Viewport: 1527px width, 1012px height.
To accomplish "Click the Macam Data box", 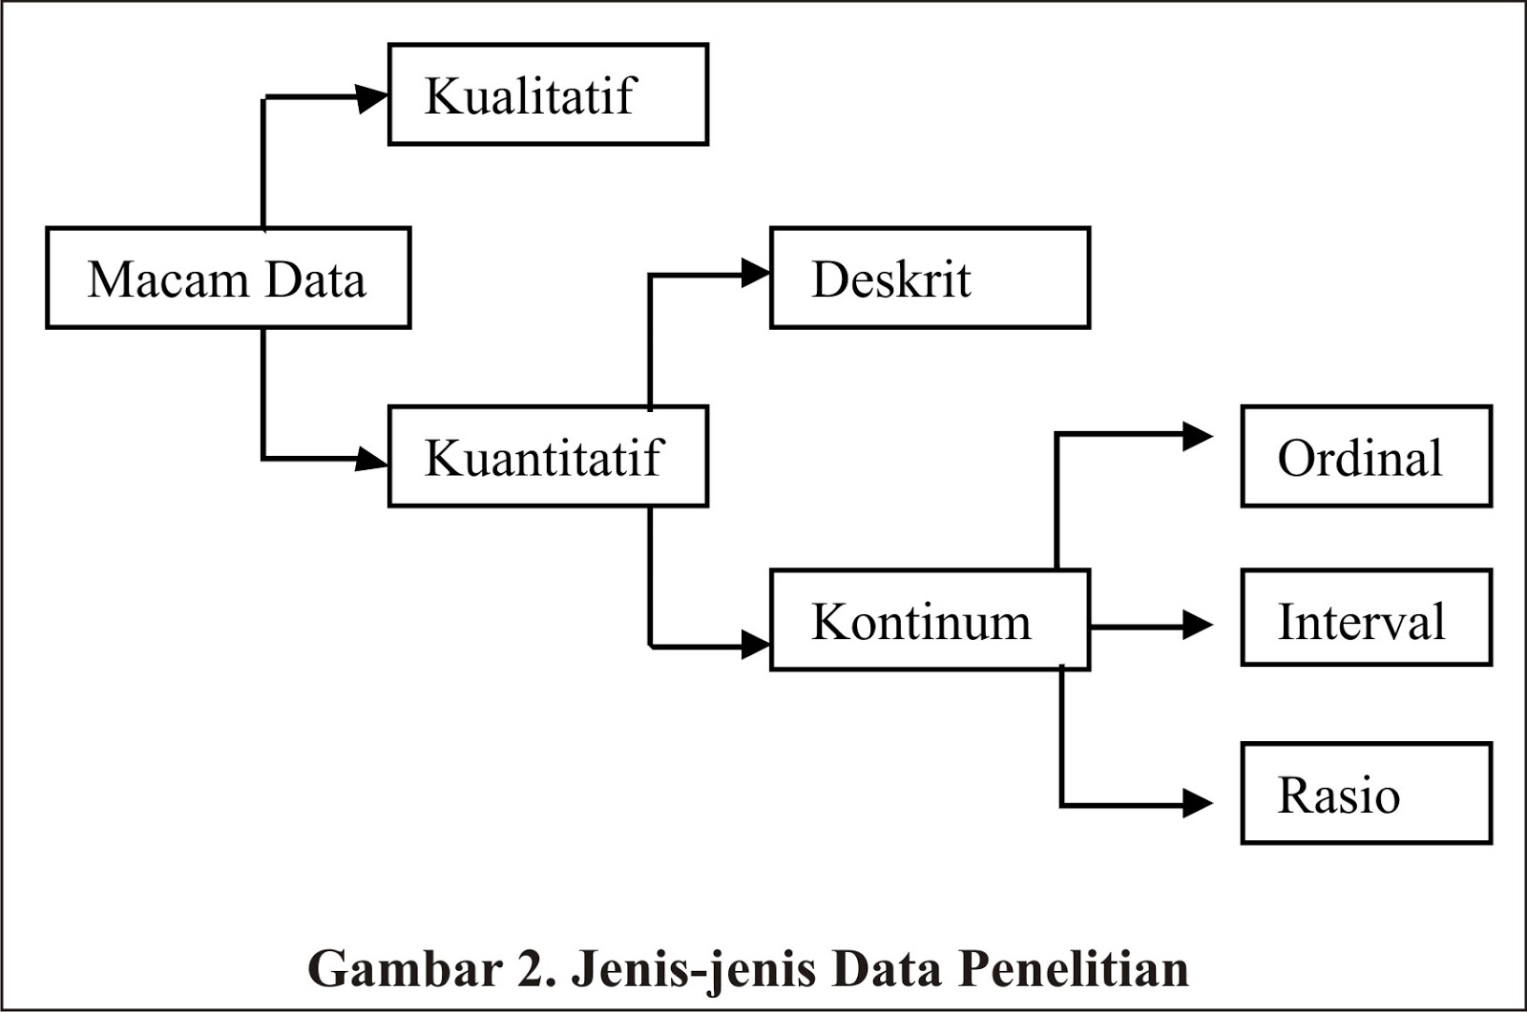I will click(228, 279).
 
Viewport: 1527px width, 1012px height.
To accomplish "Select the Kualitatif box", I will click(548, 94).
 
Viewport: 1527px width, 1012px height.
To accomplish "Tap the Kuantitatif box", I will click(548, 457).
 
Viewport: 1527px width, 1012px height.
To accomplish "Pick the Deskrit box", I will click(930, 279).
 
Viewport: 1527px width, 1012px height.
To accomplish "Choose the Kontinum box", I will click(930, 621).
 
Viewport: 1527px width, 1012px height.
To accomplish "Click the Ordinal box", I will click(1366, 457).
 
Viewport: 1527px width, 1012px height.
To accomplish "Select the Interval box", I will click(1366, 618).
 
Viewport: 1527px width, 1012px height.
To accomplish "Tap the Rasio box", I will click(1366, 795).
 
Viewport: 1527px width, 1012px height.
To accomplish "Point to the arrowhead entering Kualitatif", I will click(372, 97).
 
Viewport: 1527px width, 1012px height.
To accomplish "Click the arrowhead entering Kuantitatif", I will click(372, 459).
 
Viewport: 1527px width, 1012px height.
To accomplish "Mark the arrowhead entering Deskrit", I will click(756, 274).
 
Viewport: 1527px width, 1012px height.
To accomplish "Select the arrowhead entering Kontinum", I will click(756, 646).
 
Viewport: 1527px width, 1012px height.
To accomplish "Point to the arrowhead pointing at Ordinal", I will click(1198, 436).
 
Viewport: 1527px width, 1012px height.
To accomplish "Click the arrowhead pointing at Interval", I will click(1198, 626).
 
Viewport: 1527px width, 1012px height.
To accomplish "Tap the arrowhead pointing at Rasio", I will click(1198, 803).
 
